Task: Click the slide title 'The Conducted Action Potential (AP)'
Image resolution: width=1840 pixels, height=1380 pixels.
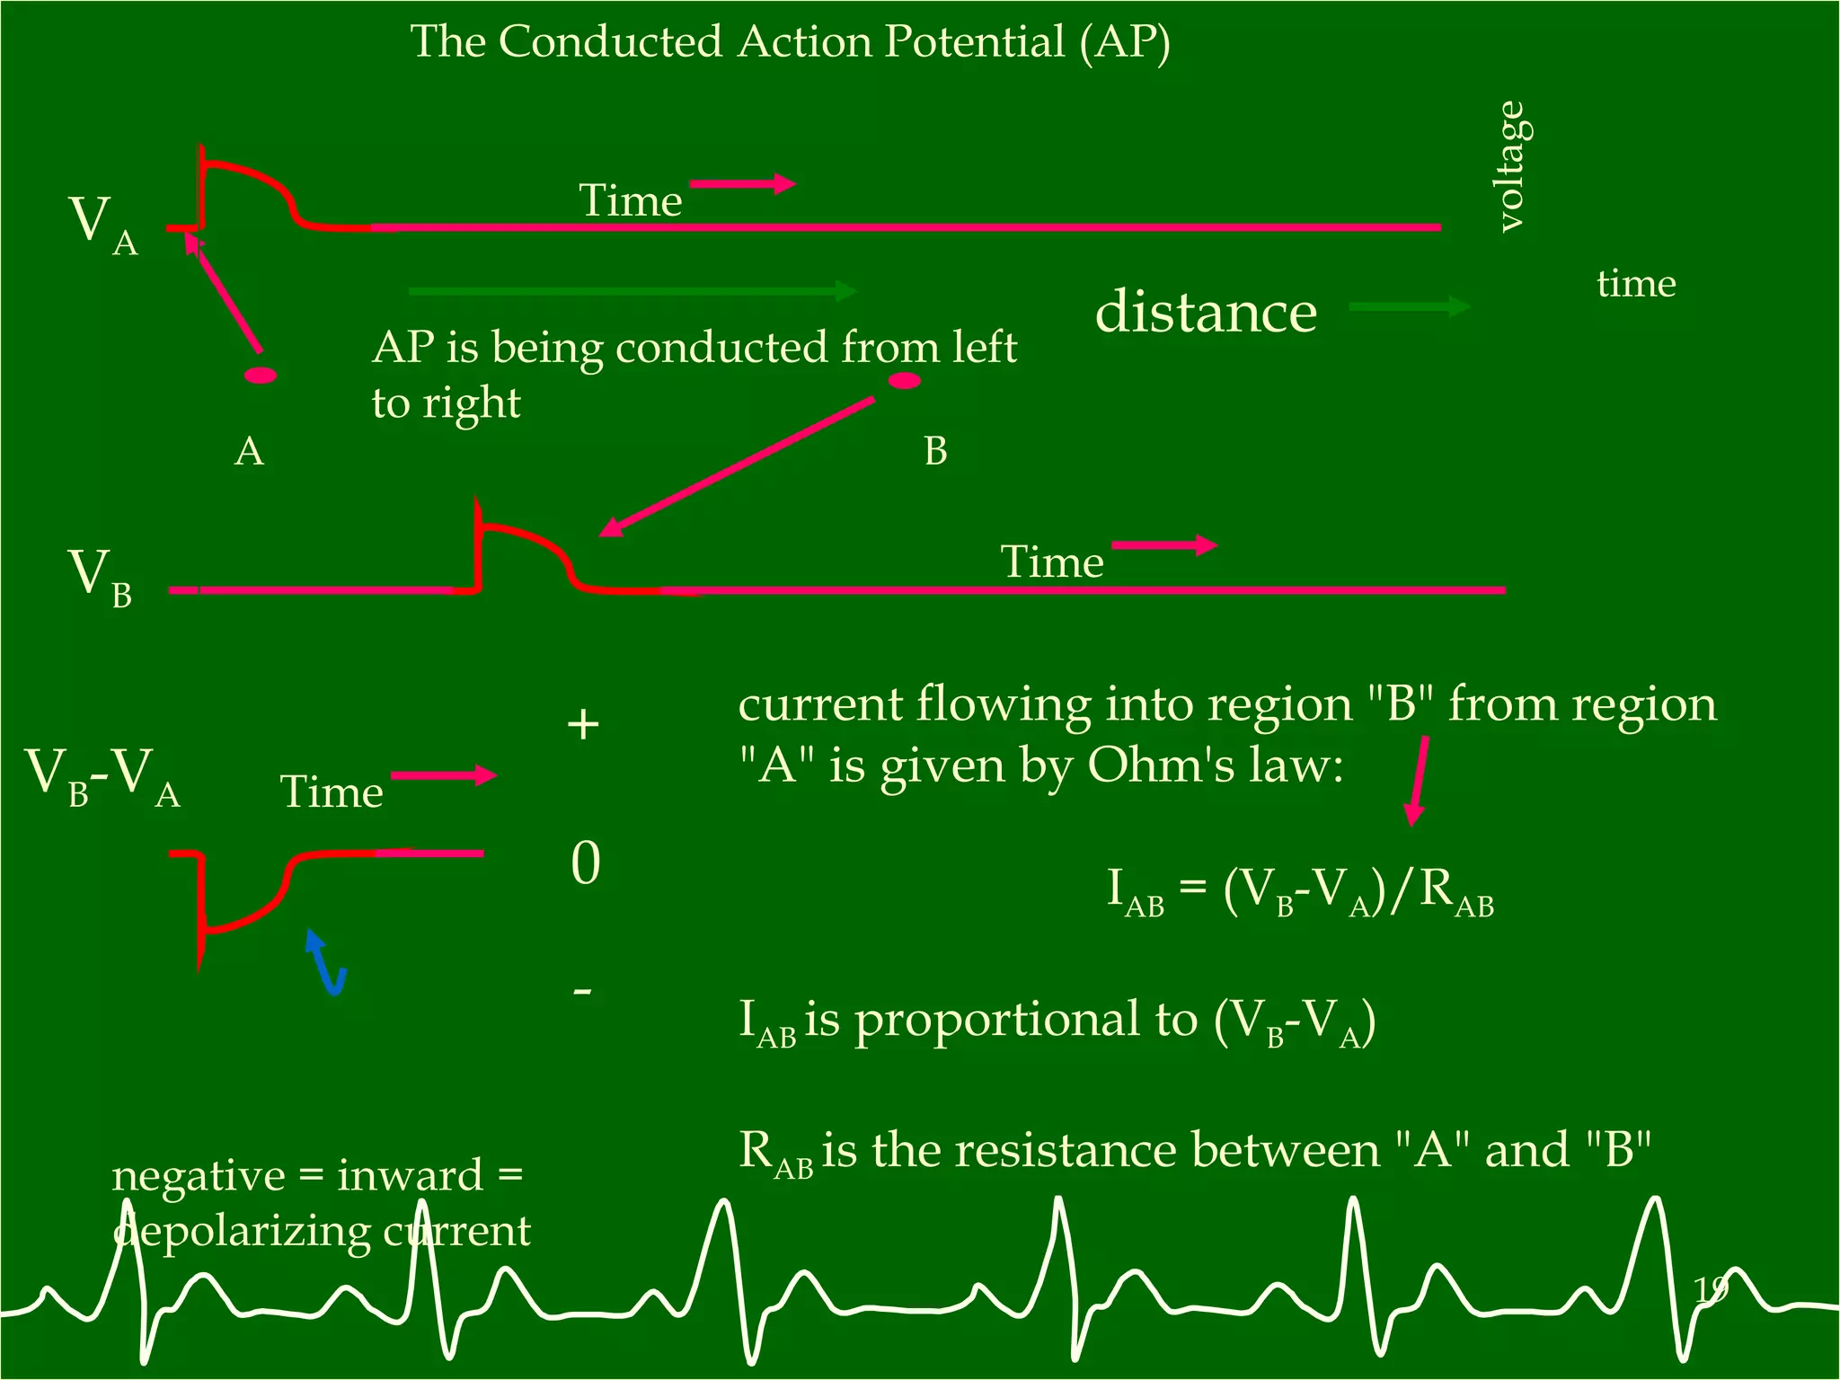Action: pyautogui.click(x=790, y=42)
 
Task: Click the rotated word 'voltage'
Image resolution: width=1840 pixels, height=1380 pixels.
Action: pyautogui.click(x=1511, y=167)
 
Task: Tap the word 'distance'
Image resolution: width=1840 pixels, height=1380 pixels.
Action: pyautogui.click(x=1206, y=312)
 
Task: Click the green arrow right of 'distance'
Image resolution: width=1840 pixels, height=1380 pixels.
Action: pyautogui.click(x=1409, y=306)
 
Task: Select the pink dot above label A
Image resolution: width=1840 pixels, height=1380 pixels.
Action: pyautogui.click(x=261, y=376)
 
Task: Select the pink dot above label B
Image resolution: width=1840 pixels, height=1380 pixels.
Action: pyautogui.click(x=904, y=381)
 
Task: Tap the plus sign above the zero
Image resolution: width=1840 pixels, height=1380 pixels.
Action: pyautogui.click(x=583, y=724)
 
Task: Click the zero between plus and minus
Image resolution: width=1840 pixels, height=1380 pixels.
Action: pyautogui.click(x=585, y=863)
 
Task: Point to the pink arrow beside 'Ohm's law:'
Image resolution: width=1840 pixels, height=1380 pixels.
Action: pyautogui.click(x=1417, y=781)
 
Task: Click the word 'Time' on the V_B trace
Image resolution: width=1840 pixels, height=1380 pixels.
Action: pyautogui.click(x=1051, y=562)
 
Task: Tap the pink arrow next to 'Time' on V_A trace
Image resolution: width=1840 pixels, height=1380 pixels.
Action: pyautogui.click(x=742, y=184)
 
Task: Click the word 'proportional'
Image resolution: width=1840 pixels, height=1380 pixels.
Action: pyautogui.click(x=1025, y=1021)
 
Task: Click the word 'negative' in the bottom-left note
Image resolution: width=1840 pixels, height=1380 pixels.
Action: pyautogui.click(x=199, y=1176)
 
